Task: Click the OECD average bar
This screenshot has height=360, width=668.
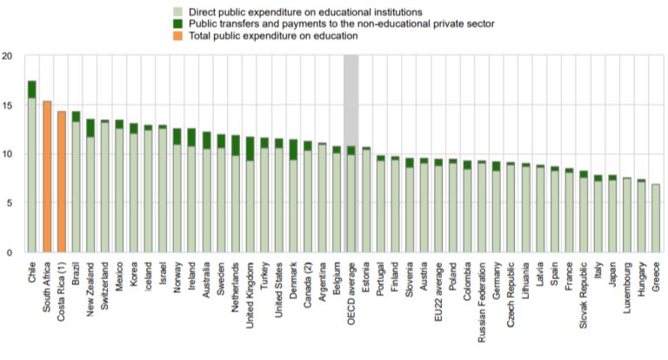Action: tap(351, 200)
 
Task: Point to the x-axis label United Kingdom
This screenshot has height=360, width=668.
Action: tap(250, 295)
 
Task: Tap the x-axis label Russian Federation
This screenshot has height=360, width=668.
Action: tap(481, 299)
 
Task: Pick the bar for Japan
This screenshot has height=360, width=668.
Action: tap(611, 214)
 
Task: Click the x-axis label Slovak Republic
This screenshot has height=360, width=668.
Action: tap(584, 293)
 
